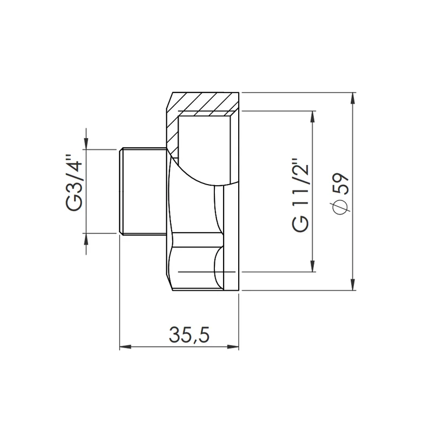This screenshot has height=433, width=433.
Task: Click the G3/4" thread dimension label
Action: pos(75,183)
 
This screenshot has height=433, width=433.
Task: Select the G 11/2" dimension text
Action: pos(300,195)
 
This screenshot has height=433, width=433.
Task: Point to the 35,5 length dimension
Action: pos(189,334)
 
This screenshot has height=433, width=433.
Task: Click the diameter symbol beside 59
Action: pos(342,206)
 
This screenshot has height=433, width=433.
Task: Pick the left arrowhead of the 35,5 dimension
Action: pos(126,347)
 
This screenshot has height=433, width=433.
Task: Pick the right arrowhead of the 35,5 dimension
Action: pos(233,347)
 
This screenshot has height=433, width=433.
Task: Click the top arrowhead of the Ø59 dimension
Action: pos(353,99)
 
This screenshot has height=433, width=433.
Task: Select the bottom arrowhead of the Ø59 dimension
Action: pos(353,285)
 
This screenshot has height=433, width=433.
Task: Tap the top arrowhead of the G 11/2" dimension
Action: pos(313,117)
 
